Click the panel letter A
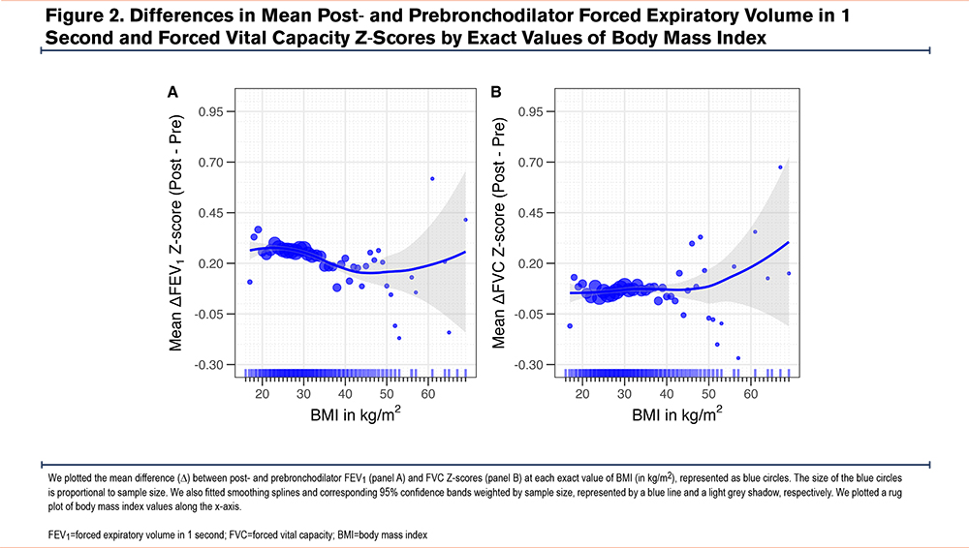tap(172, 93)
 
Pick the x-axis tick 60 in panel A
tap(426, 394)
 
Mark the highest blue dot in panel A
tap(432, 178)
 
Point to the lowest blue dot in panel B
tap(738, 358)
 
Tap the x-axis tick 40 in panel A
tap(345, 394)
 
